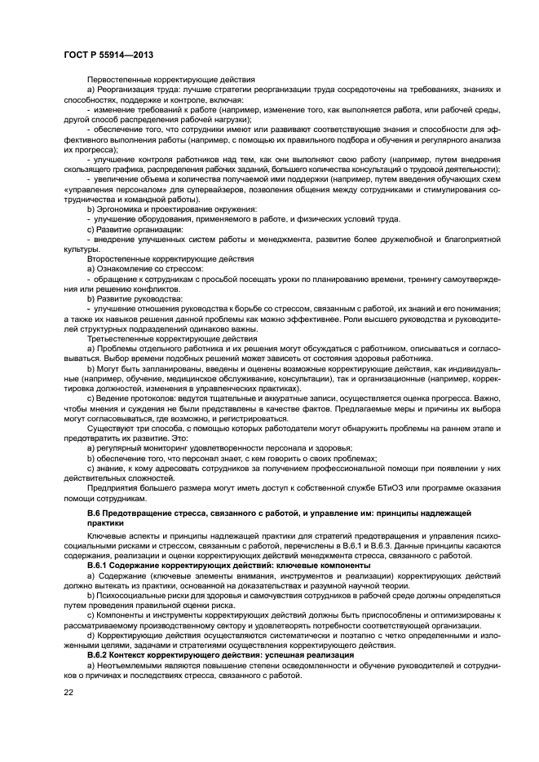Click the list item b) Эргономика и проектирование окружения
(x=171, y=209)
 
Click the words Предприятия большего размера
(x=142, y=488)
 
